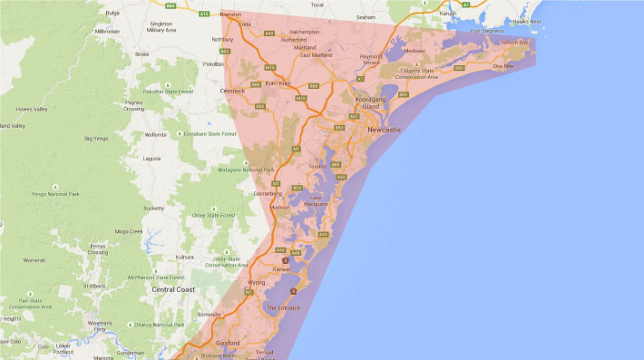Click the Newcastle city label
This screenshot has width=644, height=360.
click(x=385, y=131)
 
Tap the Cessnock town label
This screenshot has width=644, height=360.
click(x=233, y=91)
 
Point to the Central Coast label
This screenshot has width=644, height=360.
click(x=174, y=289)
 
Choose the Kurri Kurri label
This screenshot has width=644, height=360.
click(x=278, y=83)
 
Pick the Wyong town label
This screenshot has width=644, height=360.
click(x=257, y=282)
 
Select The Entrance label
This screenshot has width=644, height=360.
click(x=282, y=308)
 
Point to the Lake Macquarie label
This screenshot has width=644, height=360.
click(x=317, y=200)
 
